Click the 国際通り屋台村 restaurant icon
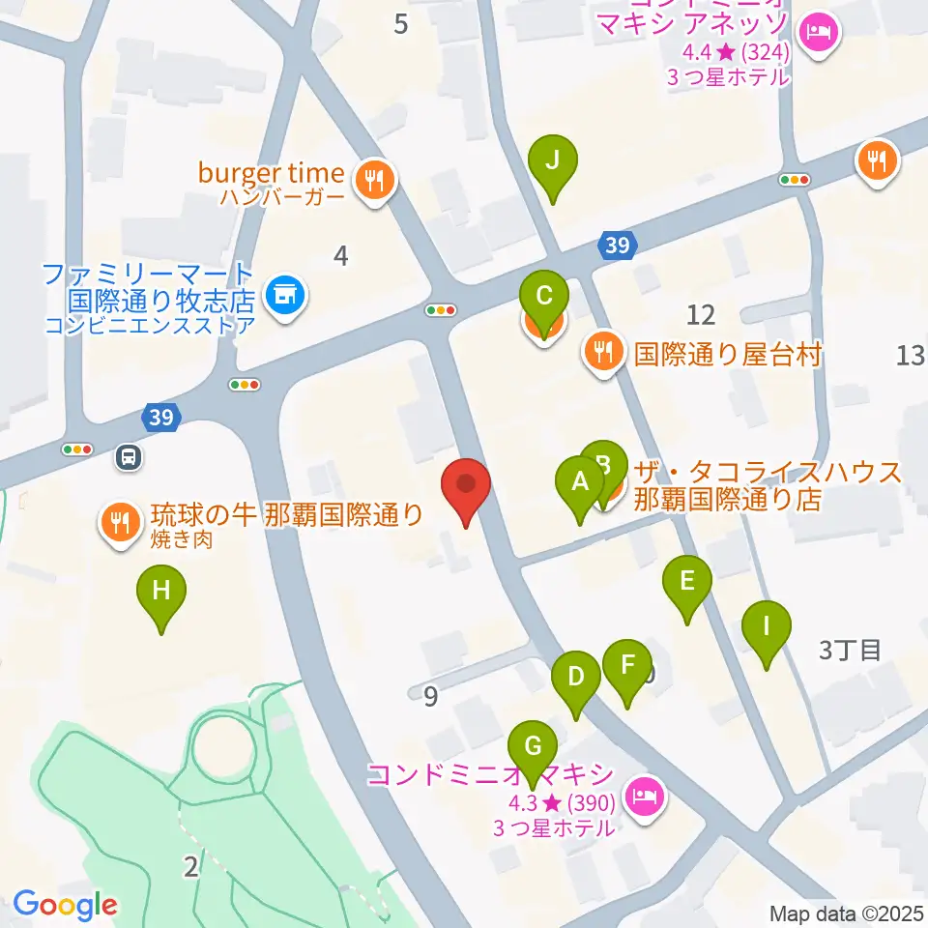(604, 354)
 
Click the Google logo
(65, 905)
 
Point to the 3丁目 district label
(850, 650)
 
